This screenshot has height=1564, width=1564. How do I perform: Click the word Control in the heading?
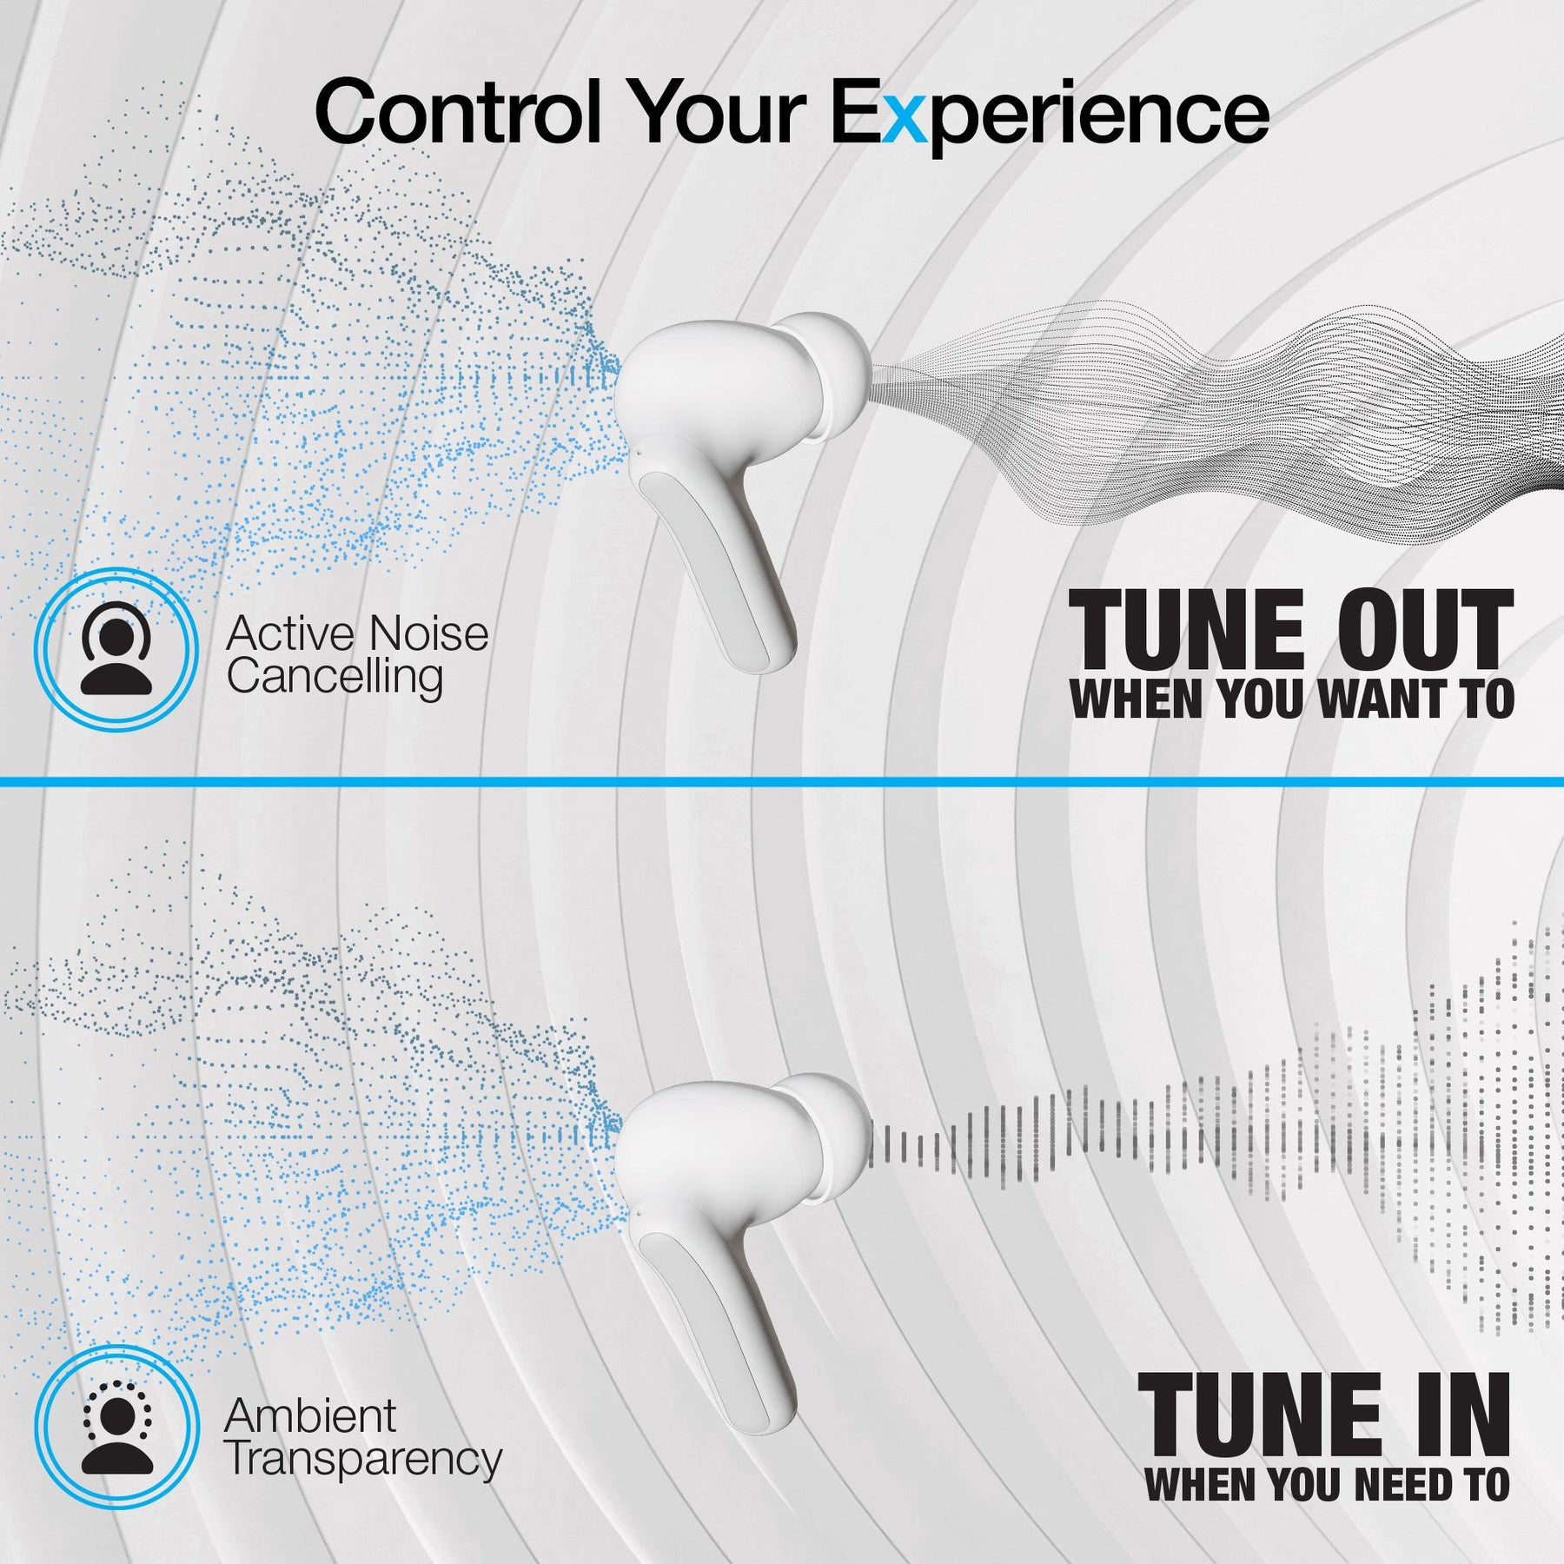click(x=458, y=111)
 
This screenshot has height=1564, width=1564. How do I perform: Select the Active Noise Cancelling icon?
click(x=116, y=648)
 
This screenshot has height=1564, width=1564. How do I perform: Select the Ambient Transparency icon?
click(x=116, y=1427)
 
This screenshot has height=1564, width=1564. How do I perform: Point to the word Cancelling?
click(x=335, y=679)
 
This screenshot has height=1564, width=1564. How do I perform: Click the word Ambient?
click(x=310, y=1415)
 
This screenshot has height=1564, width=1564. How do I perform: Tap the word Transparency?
click(x=363, y=1460)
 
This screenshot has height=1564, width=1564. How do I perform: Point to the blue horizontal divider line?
click(x=782, y=782)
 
